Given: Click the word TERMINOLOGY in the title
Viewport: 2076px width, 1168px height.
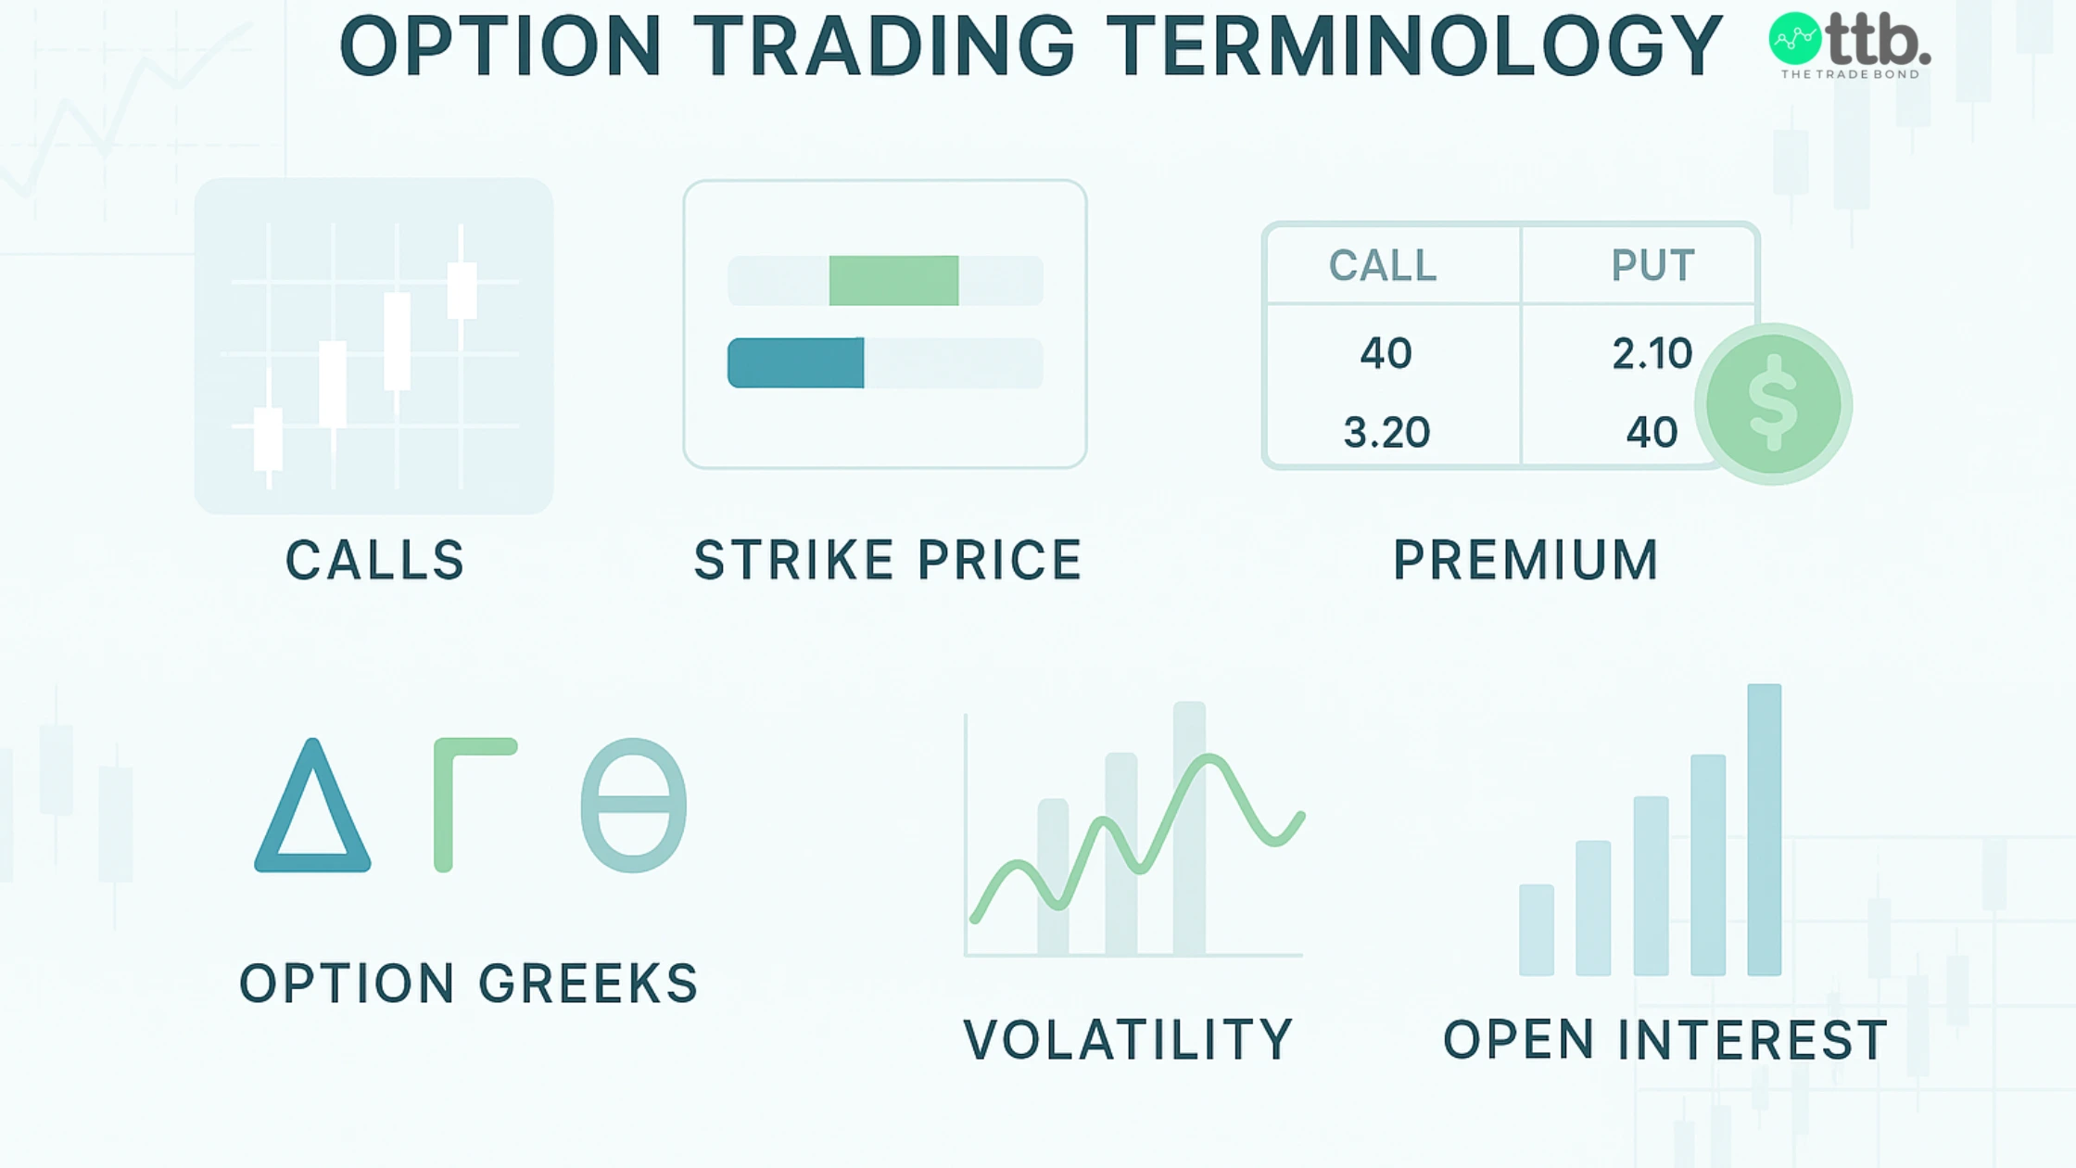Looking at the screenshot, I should coord(1414,46).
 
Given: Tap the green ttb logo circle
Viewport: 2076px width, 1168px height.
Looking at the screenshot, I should coord(1795,39).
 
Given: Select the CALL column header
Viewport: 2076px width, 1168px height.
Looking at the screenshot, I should coord(1383,266).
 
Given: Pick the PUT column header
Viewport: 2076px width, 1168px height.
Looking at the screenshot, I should coord(1652,266).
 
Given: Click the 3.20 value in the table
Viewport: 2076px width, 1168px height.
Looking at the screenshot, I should coord(1386,433).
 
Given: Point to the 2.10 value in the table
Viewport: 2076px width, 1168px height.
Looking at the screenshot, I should coord(1652,354).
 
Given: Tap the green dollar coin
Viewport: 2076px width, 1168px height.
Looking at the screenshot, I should coord(1773,404).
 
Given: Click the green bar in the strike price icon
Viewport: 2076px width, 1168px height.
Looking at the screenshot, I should coord(893,281).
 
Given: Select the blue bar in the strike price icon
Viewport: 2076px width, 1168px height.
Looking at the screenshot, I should coord(796,362).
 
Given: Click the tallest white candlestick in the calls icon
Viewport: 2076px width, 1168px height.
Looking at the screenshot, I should coord(398,340).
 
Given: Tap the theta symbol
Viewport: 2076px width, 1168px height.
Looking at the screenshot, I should coord(634,805).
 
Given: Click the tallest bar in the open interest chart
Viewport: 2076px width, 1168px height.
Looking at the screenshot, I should coord(1764,830).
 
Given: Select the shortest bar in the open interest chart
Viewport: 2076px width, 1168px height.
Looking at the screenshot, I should coord(1536,930).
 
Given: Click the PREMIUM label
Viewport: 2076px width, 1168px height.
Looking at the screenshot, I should coord(1525,560).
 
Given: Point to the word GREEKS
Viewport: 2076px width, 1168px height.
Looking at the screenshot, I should coord(588,984).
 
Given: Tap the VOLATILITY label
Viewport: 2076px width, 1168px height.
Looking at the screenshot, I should coord(1128,1040).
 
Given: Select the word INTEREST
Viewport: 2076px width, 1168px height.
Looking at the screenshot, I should coord(1753,1040).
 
